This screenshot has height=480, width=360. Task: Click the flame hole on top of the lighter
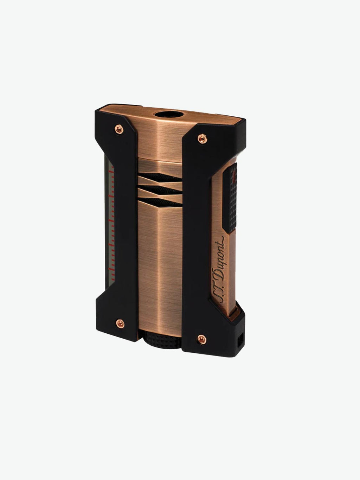click(x=169, y=115)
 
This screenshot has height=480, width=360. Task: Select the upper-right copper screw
click(x=202, y=139)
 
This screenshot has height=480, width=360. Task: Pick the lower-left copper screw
click(x=120, y=324)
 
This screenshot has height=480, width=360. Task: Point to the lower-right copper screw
click(x=202, y=339)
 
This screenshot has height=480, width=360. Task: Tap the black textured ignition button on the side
click(x=230, y=198)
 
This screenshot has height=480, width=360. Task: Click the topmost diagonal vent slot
click(x=161, y=178)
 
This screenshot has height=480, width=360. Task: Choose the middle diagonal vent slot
click(x=161, y=190)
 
